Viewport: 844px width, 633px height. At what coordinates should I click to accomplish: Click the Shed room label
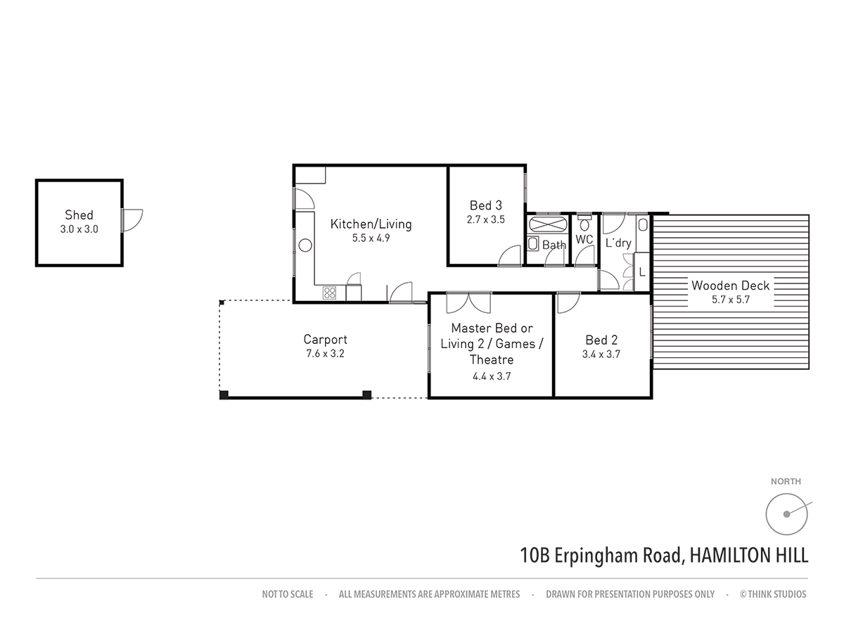[x=79, y=215]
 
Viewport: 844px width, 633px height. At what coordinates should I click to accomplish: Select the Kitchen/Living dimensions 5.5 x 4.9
[x=371, y=238]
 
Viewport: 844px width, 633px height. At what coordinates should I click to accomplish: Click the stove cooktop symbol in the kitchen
[x=330, y=293]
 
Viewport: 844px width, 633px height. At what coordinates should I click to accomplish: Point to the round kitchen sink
[x=305, y=245]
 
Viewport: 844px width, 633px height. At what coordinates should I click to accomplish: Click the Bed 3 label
[x=485, y=205]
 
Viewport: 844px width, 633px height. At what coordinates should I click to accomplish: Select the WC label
[x=584, y=240]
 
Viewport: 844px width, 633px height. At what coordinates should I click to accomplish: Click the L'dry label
[x=618, y=243]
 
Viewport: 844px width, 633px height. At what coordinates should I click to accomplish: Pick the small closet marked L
[x=641, y=271]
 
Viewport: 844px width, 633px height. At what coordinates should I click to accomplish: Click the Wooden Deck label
[x=730, y=286]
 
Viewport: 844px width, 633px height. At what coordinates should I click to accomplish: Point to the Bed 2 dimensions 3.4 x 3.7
[x=601, y=355]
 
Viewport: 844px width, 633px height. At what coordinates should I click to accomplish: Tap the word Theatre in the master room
[x=492, y=359]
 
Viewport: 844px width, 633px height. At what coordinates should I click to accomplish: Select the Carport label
[x=325, y=339]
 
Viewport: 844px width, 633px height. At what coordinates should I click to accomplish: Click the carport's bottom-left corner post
[x=224, y=395]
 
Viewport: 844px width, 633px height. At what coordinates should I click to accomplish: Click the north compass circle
[x=786, y=514]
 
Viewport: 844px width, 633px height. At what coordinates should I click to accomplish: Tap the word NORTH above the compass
[x=786, y=482]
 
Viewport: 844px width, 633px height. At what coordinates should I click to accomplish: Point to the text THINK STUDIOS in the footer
[x=777, y=594]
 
